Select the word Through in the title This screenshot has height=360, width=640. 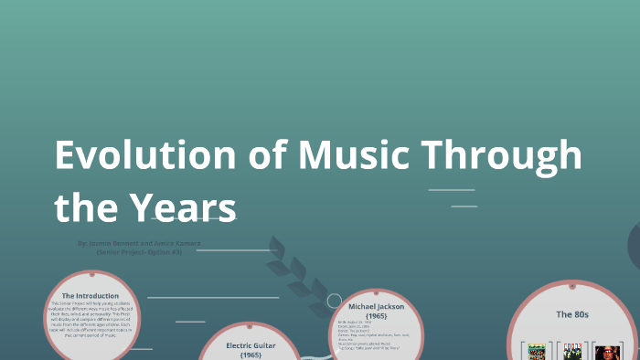509,155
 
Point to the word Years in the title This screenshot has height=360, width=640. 187,207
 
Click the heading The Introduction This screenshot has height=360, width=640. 91,296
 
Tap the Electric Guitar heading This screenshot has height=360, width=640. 251,345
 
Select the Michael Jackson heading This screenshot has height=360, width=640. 376,307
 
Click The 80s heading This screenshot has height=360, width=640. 572,314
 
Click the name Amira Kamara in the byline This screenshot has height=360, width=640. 178,244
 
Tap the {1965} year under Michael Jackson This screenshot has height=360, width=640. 376,315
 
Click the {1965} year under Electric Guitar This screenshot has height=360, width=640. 251,355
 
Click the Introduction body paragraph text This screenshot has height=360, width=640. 91,319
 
